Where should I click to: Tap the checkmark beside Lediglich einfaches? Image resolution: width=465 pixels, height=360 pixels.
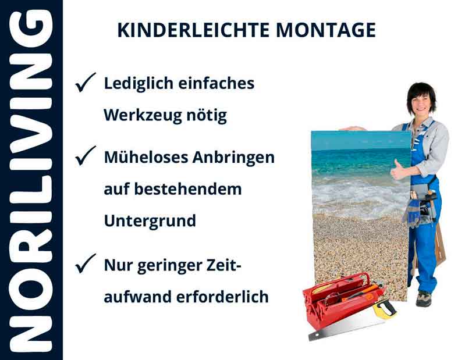[86, 84]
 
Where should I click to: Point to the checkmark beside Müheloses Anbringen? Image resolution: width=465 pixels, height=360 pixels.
[86, 157]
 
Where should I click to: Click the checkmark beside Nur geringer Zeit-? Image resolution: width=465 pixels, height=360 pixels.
[86, 265]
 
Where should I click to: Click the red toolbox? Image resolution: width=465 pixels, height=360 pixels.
[338, 302]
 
